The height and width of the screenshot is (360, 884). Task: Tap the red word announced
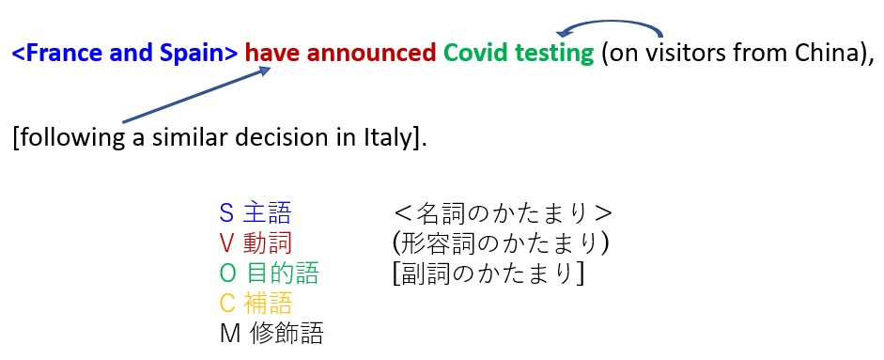pos(372,54)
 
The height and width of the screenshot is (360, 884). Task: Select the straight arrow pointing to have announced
pos(196,95)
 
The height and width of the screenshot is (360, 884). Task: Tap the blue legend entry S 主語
pos(256,213)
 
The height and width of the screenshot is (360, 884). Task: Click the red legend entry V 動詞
pos(256,243)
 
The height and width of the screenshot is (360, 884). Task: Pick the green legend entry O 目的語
pos(269,274)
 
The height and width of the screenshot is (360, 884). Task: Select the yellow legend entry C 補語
pos(256,303)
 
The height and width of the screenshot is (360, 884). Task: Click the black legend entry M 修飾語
pos(271,333)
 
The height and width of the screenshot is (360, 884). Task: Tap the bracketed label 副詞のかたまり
pos(489,274)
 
